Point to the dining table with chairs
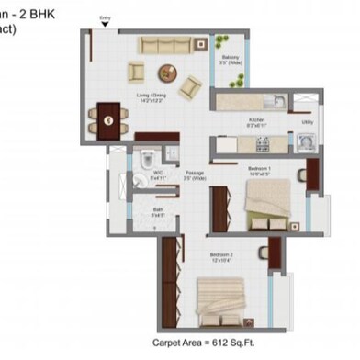(108, 118)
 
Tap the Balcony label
(230, 61)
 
